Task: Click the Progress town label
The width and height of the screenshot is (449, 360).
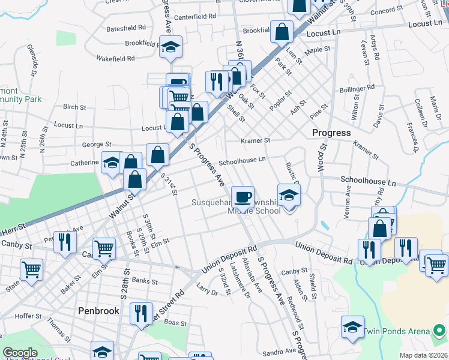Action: tap(331, 133)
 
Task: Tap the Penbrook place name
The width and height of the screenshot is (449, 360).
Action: tap(97, 311)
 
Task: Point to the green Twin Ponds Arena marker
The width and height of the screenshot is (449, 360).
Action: tap(439, 331)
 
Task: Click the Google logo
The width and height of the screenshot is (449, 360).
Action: tap(20, 353)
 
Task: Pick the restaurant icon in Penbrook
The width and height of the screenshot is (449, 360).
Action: tap(141, 312)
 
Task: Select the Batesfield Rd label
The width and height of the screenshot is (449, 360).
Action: tap(125, 28)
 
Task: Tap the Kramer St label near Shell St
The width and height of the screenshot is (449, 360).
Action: tap(256, 140)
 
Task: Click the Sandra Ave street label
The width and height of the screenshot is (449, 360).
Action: tap(279, 352)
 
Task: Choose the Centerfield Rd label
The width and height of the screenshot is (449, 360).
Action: tap(196, 16)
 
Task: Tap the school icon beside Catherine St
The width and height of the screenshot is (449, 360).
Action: tap(112, 163)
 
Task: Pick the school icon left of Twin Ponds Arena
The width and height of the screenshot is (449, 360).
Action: tap(352, 326)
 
